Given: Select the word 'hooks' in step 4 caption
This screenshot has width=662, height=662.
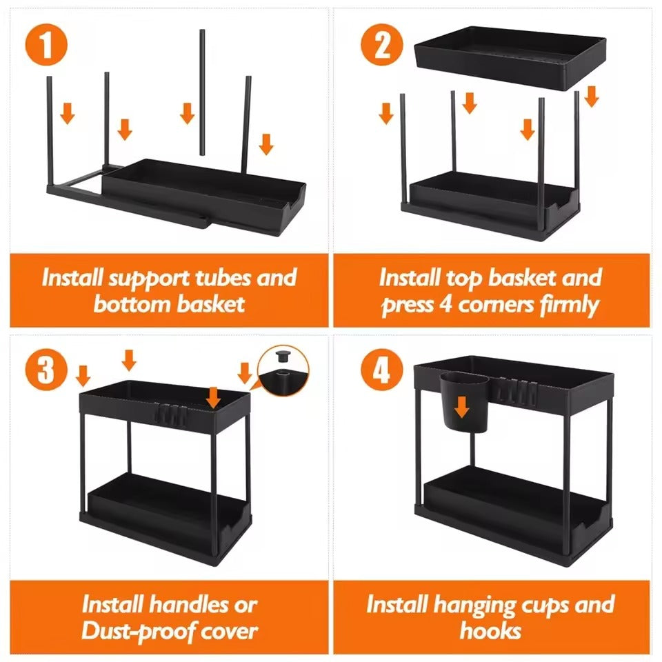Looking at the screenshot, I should point(490,630).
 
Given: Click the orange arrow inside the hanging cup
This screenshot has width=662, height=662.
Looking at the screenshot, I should point(461,408).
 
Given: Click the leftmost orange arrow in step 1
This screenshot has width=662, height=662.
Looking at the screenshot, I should point(67,112).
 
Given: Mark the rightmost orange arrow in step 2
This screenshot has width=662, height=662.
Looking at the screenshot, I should point(591,96).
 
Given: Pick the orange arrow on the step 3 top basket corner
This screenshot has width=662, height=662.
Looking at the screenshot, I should point(214,397).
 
